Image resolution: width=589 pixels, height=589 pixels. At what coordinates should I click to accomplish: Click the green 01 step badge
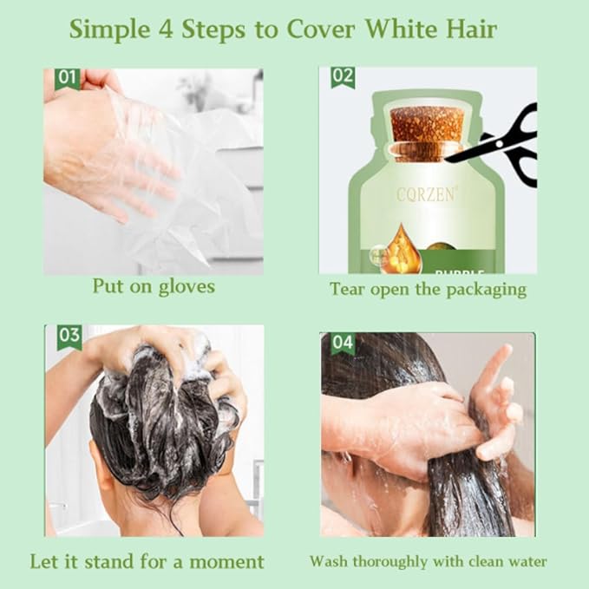pos(67,79)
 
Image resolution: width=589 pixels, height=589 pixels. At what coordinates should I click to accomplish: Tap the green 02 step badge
pos(343,77)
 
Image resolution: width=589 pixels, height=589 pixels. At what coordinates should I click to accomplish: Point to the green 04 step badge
pos(343,343)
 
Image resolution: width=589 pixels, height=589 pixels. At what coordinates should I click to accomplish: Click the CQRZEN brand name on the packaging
pos(424,196)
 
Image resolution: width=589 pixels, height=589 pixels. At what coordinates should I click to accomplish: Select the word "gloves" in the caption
pos(186,287)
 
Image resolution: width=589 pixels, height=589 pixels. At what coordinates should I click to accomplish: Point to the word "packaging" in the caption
pos(485,289)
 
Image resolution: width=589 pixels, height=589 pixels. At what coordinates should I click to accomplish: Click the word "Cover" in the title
pos(324,29)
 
